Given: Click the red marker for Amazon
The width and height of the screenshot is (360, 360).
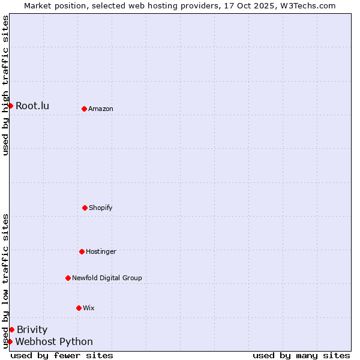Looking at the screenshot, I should pos(84,109).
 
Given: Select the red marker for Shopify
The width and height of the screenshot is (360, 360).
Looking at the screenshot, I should pos(85,208).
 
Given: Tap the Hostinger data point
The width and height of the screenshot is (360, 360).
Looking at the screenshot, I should pos(82,251).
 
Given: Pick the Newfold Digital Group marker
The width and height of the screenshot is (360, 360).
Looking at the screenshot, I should pos(68,278).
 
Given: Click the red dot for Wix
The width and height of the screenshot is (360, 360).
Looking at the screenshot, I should pos(79,308).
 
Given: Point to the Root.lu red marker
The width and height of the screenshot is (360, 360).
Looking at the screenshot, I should pos(10,106).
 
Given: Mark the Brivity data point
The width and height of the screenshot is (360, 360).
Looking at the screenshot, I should pos(11,329).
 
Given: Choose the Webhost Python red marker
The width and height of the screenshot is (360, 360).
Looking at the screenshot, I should pos(10,341).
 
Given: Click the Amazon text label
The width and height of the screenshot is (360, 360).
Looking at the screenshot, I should pos(101,109).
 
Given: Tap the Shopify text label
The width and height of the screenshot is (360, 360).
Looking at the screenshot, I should pos(101,208).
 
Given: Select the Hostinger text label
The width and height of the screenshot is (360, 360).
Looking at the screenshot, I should pos(101,251).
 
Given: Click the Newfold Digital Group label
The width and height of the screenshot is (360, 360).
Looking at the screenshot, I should pos(107,278).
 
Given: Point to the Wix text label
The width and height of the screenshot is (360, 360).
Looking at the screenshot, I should pos(89,308).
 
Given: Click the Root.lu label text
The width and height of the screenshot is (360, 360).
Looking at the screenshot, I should pos(32,106).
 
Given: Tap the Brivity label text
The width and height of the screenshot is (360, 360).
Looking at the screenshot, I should pos(32,329).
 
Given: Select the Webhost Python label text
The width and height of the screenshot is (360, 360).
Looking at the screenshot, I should pos(54,342).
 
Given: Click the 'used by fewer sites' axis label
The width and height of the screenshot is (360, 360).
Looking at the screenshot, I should pos(62,355).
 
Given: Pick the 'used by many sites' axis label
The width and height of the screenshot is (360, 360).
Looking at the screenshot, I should pos(301,355).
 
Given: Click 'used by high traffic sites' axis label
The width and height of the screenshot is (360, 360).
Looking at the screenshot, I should pos(5,86).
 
